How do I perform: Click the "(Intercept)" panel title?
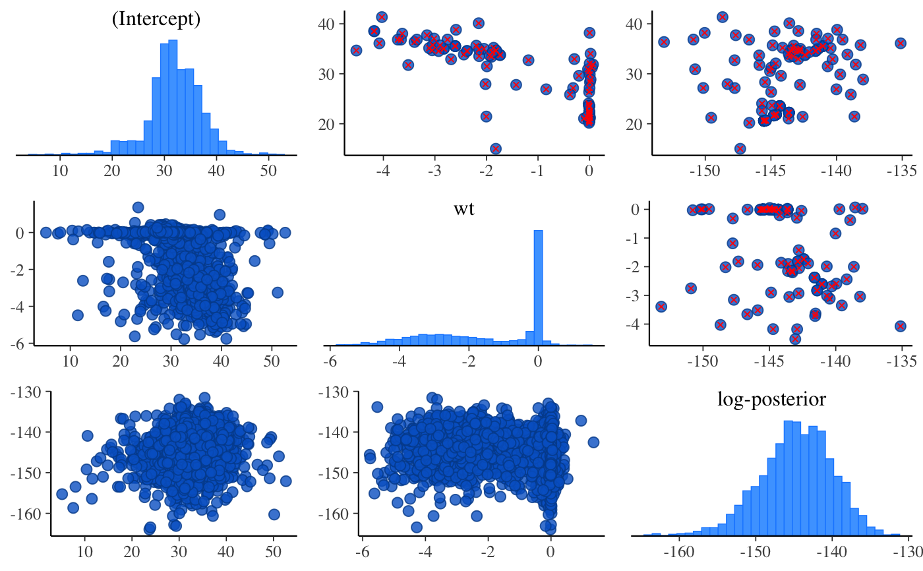(x=156, y=20)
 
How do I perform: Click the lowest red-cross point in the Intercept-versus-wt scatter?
(x=495, y=149)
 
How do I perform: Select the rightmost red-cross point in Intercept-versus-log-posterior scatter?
(x=901, y=43)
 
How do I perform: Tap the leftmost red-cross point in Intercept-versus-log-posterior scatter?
(x=664, y=42)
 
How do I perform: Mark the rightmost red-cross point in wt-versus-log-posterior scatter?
(x=901, y=326)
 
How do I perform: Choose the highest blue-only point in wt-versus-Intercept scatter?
(x=138, y=208)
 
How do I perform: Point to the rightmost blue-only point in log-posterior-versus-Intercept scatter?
(x=285, y=481)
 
